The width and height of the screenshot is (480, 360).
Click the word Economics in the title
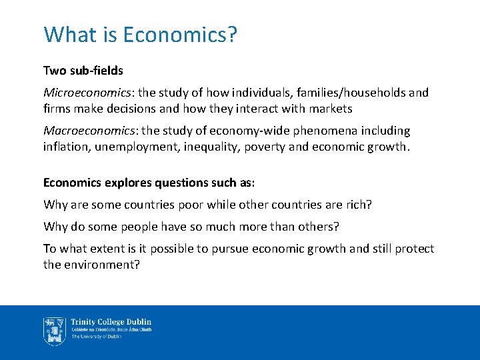point(181,35)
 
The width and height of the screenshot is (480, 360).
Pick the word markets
point(329,108)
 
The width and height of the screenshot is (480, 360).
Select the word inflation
point(66,146)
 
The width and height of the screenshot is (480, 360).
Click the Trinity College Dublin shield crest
point(54,331)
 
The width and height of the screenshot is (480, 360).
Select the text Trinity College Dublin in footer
point(111,322)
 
